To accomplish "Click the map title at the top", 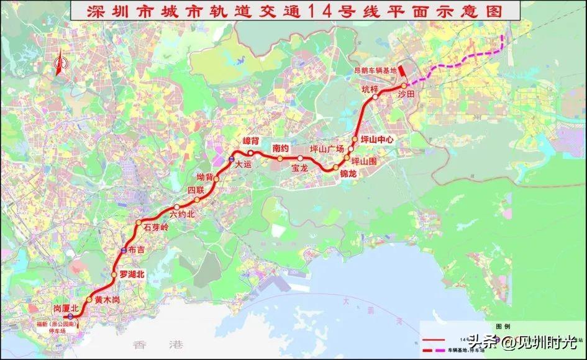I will pyautogui.click(x=293, y=11).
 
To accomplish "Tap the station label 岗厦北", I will pyautogui.click(x=66, y=308).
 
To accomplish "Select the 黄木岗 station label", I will pyautogui.click(x=106, y=300).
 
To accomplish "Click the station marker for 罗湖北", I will pyautogui.click(x=114, y=274).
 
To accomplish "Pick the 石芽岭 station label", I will pyautogui.click(x=156, y=227).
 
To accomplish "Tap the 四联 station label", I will pyautogui.click(x=196, y=190).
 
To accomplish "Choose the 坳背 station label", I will pyautogui.click(x=205, y=177).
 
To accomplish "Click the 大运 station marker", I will pyautogui.click(x=230, y=160).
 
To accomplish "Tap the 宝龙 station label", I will pyautogui.click(x=299, y=168).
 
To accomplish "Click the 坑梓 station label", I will pyautogui.click(x=370, y=89).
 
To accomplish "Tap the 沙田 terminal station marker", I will pyautogui.click(x=404, y=86).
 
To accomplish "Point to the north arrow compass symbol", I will pyautogui.click(x=59, y=64).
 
